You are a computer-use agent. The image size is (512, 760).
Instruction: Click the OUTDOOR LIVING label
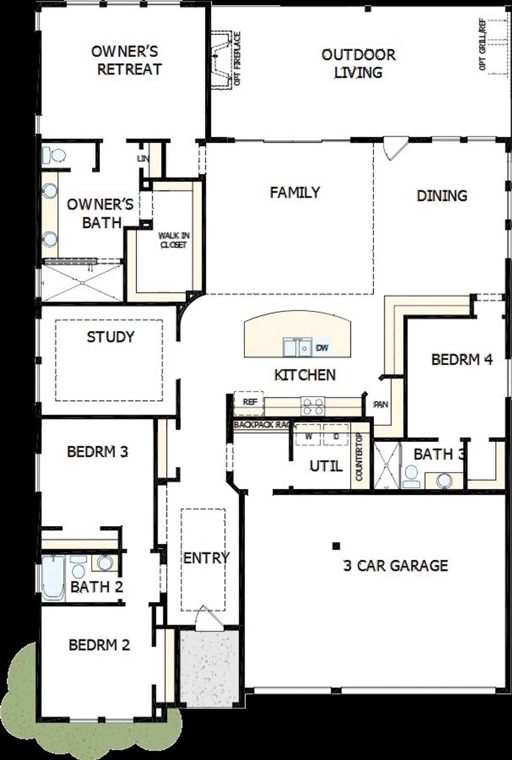tap(358, 63)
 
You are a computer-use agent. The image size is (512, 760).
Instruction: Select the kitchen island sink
tap(298, 346)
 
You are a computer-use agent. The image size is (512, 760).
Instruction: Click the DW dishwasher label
tap(322, 348)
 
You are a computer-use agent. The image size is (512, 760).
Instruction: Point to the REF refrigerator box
tap(249, 402)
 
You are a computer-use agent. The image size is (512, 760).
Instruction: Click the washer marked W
tap(308, 436)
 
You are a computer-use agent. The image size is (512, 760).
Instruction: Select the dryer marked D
tap(336, 436)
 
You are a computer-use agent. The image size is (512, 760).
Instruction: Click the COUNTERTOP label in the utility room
tap(359, 457)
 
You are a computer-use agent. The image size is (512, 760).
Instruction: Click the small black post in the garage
tap(336, 545)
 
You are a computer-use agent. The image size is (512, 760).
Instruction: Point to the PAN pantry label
tap(380, 404)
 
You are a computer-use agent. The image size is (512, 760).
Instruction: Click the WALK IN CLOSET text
tap(174, 240)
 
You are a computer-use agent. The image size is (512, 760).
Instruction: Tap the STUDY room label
tap(110, 337)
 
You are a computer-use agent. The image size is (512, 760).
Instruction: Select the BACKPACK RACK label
tap(264, 424)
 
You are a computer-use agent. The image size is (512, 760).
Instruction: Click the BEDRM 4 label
tap(462, 359)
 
